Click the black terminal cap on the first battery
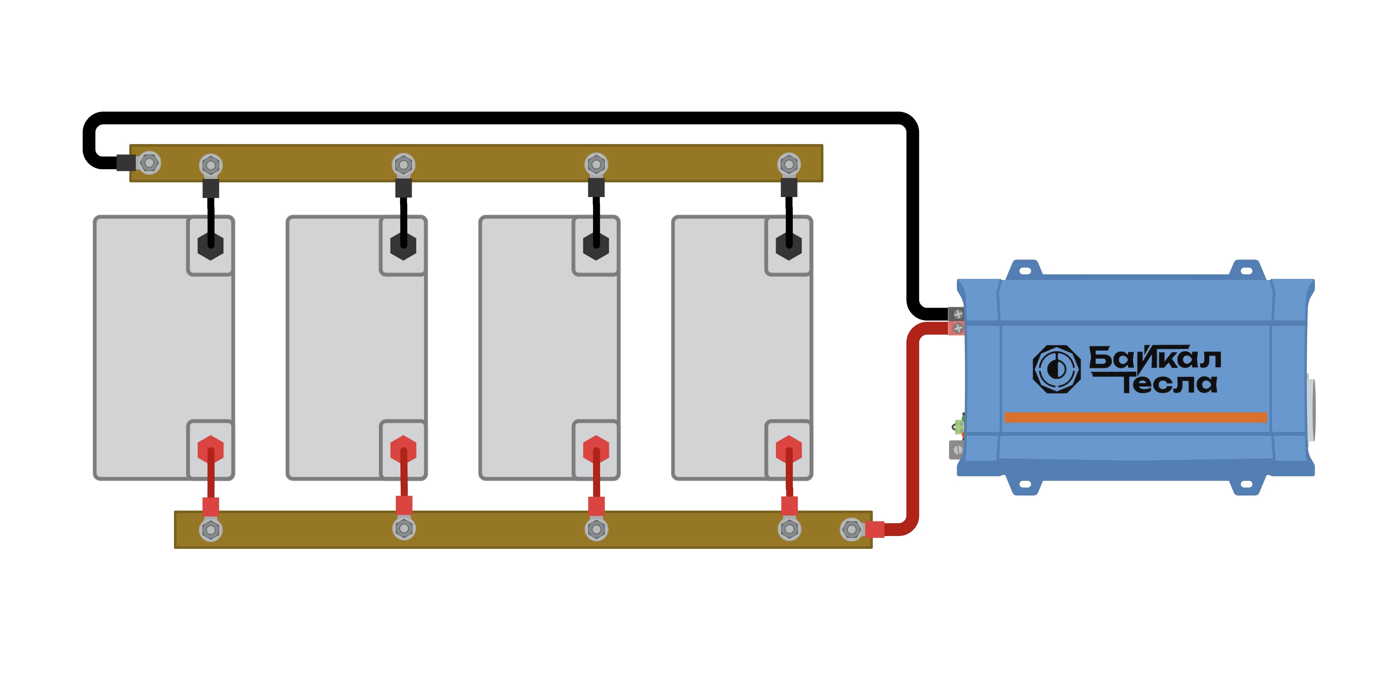211,246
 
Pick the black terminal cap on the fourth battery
789,246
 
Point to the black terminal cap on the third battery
596,246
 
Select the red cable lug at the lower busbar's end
875,529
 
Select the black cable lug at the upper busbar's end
126,162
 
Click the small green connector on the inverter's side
959,426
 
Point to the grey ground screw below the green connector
957,450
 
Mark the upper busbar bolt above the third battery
596,165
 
